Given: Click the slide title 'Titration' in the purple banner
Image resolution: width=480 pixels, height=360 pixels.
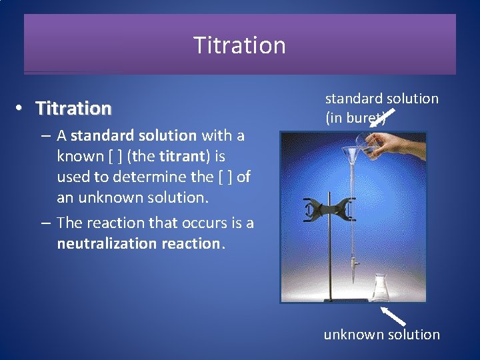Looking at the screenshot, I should pos(239,45).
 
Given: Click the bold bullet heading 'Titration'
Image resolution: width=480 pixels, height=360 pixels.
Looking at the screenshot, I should pos(73,108).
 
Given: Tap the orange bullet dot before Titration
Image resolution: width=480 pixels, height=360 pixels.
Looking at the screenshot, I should pos(21,107).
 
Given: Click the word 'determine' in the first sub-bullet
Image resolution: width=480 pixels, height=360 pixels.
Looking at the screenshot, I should pos(141,177).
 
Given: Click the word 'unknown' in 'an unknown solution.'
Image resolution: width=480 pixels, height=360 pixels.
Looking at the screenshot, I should pos(106,197).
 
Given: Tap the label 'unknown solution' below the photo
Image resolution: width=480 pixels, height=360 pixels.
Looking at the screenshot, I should pos(381,335).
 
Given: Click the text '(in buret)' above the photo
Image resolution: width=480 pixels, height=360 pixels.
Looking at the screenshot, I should pos(355,119).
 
